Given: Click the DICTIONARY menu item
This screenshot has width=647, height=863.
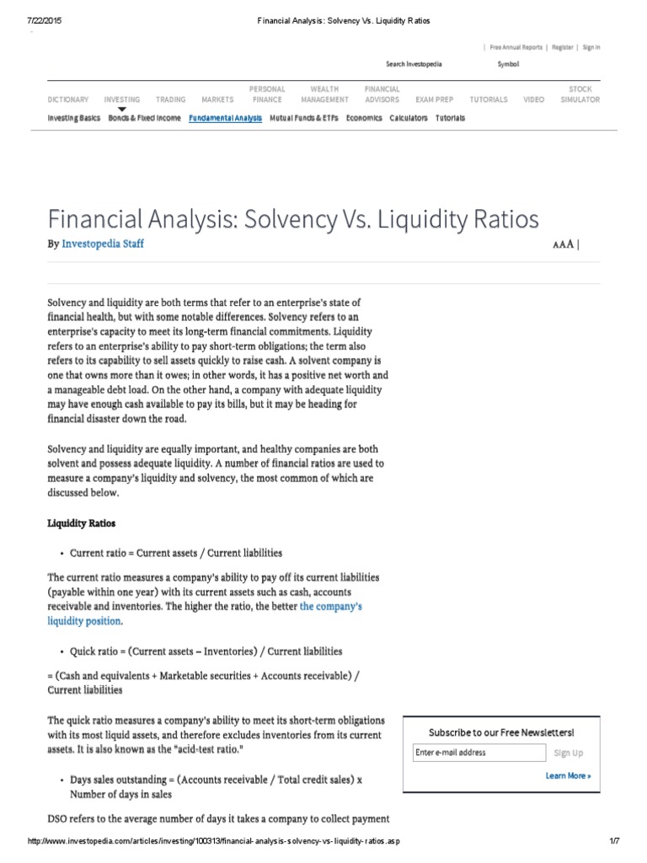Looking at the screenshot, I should [67, 99].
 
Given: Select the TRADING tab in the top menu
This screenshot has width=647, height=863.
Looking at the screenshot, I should [171, 99].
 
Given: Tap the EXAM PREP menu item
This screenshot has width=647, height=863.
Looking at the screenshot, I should [434, 99].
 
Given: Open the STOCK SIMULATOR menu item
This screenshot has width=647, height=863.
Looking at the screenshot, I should [580, 94].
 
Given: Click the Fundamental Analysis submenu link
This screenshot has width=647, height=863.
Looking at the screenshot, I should [225, 118].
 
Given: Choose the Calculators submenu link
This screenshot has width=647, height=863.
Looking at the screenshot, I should [409, 118].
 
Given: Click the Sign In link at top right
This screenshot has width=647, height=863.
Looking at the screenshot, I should [591, 48].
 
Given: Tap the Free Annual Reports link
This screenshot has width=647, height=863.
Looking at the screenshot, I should [516, 48].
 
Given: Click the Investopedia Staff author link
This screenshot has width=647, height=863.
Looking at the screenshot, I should [103, 244].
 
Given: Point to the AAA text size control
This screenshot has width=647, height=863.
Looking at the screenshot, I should [564, 244].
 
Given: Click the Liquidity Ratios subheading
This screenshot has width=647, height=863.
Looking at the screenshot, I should [81, 523].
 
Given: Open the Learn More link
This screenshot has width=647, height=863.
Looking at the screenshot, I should [568, 775].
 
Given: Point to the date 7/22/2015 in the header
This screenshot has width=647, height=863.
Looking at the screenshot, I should [46, 20].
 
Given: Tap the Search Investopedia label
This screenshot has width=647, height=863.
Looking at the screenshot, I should [414, 64].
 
